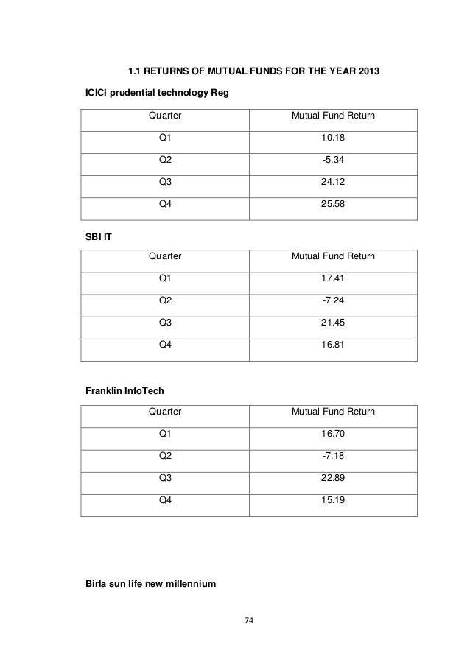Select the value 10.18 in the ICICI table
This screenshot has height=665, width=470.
click(333, 138)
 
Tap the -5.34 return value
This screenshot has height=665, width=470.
click(333, 161)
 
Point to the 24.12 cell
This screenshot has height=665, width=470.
click(333, 183)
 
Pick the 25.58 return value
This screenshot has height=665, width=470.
click(333, 206)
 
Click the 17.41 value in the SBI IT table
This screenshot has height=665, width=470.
click(333, 279)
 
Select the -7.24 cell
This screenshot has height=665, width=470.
click(333, 302)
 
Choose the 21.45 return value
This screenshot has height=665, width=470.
click(333, 325)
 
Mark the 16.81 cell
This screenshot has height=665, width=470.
click(333, 348)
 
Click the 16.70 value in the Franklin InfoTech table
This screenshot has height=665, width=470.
click(333, 434)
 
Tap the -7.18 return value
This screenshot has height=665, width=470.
click(333, 457)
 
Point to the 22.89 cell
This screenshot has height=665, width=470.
click(333, 480)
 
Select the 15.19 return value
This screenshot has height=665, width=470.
click(333, 503)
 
